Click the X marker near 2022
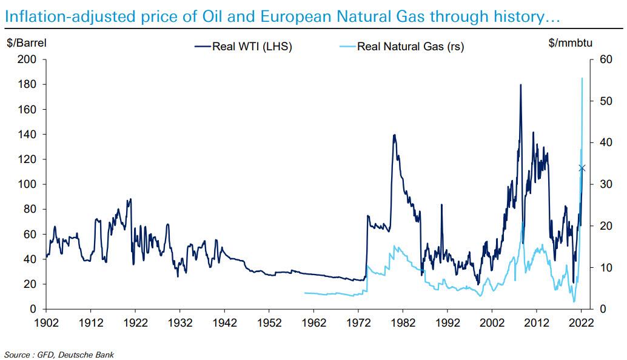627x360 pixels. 582,168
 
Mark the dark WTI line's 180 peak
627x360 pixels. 520,85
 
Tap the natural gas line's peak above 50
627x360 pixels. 582,78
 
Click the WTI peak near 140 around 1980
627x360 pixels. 394,135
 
